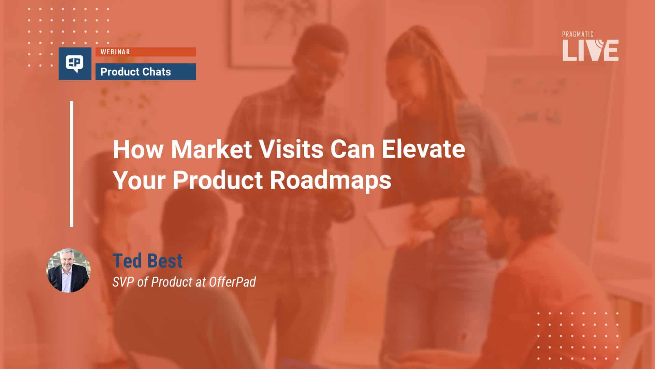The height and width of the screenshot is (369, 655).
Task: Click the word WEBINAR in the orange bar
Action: click(115, 52)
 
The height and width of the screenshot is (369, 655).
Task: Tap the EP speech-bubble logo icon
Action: click(75, 64)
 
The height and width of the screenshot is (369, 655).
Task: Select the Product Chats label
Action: click(135, 72)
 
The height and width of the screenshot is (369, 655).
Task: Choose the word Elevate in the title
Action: click(423, 149)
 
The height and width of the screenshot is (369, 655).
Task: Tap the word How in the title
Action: click(137, 149)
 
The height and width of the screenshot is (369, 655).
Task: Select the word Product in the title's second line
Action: click(218, 180)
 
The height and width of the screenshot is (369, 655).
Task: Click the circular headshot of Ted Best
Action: click(69, 271)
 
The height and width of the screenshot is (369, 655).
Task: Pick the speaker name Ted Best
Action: click(147, 261)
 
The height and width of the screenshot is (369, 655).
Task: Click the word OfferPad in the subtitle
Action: click(232, 282)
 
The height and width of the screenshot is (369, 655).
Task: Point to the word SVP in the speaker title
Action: click(123, 282)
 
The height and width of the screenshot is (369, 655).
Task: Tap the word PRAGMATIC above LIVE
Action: click(578, 34)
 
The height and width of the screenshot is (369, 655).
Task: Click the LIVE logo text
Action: click(590, 51)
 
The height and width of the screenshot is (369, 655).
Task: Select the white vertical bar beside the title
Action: click(72, 164)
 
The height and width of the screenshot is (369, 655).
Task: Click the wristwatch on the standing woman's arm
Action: click(466, 205)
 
